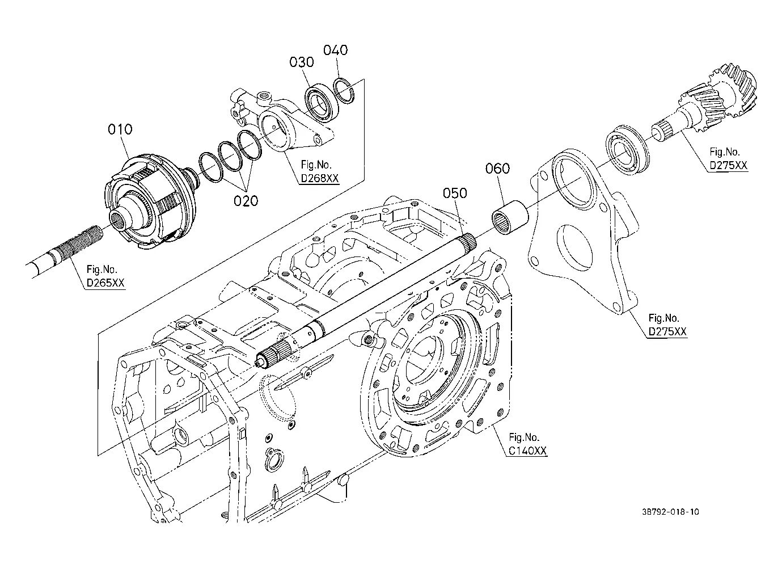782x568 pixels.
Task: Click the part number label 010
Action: pos(120,129)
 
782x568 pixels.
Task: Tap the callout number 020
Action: pos(246,201)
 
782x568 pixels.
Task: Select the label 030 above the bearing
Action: pos(302,62)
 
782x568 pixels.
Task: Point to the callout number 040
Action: pos(336,51)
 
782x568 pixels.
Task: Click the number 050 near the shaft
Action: pos(455,193)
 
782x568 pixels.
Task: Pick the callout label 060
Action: pos(497,169)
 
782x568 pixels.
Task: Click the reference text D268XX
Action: pos(320,179)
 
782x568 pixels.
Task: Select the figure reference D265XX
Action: pos(105,283)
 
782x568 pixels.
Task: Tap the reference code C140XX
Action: pos(527,451)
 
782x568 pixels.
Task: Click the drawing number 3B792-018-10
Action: pos(670,512)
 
